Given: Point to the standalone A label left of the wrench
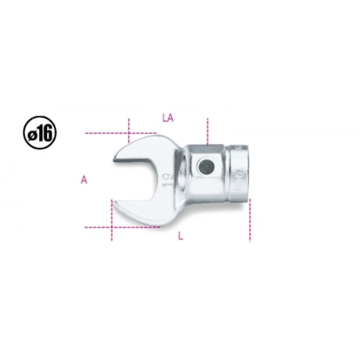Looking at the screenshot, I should [84, 179].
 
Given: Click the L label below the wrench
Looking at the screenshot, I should [180, 237].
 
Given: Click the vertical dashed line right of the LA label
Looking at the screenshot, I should [207, 129].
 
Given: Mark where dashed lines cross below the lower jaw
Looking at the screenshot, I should [112, 227].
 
